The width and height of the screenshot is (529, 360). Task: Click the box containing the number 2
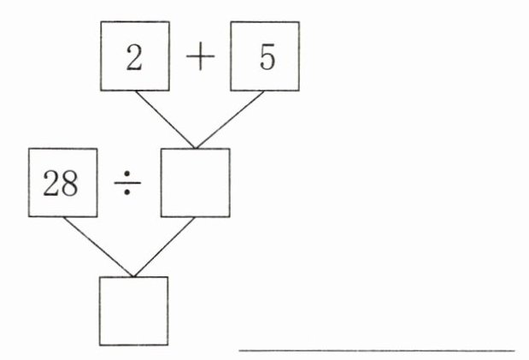click(135, 56)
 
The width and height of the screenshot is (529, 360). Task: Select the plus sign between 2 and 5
click(200, 58)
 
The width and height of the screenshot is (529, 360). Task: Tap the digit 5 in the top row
click(266, 58)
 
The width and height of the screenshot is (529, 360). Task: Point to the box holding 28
click(62, 182)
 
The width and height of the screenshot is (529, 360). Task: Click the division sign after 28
click(126, 184)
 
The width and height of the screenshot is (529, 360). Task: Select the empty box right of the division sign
click(196, 182)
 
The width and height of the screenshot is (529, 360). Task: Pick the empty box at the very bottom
click(133, 310)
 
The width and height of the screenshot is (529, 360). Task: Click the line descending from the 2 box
click(165, 119)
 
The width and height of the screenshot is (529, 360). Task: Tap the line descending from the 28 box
click(97, 247)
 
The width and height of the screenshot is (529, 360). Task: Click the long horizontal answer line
click(376, 349)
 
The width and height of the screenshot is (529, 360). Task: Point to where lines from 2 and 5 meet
click(196, 147)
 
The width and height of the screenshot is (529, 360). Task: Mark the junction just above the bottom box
click(132, 276)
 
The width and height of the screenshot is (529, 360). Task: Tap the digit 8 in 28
click(73, 184)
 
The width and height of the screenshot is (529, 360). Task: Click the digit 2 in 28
click(52, 184)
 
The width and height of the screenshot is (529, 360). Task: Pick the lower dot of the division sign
click(126, 194)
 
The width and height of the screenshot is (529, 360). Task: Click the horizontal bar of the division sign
click(126, 184)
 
